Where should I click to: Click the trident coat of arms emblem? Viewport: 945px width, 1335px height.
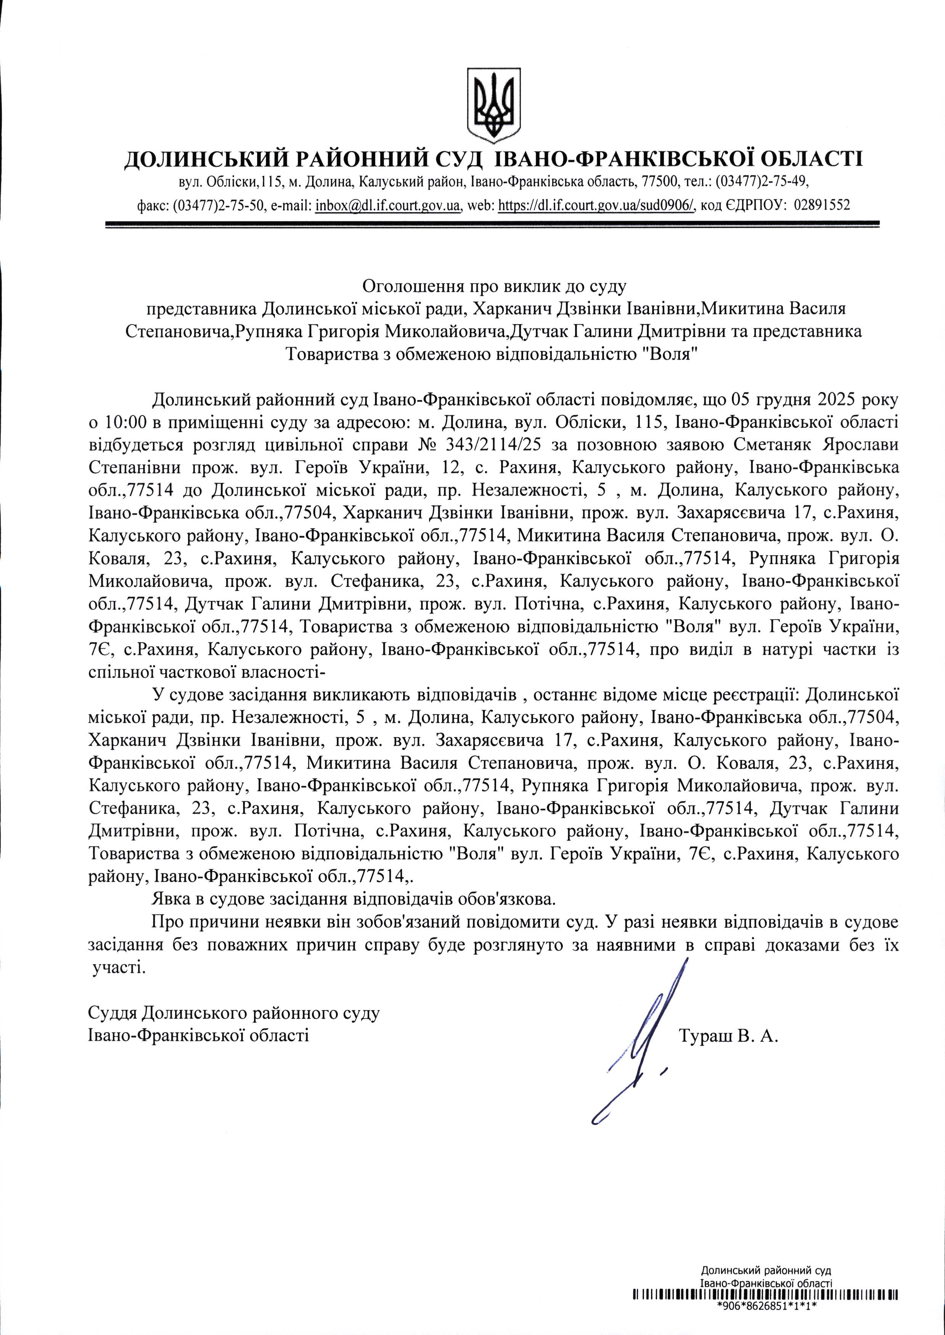(493, 105)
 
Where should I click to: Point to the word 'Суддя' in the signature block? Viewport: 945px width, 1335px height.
(112, 1013)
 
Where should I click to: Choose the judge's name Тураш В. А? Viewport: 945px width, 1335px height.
(727, 1036)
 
